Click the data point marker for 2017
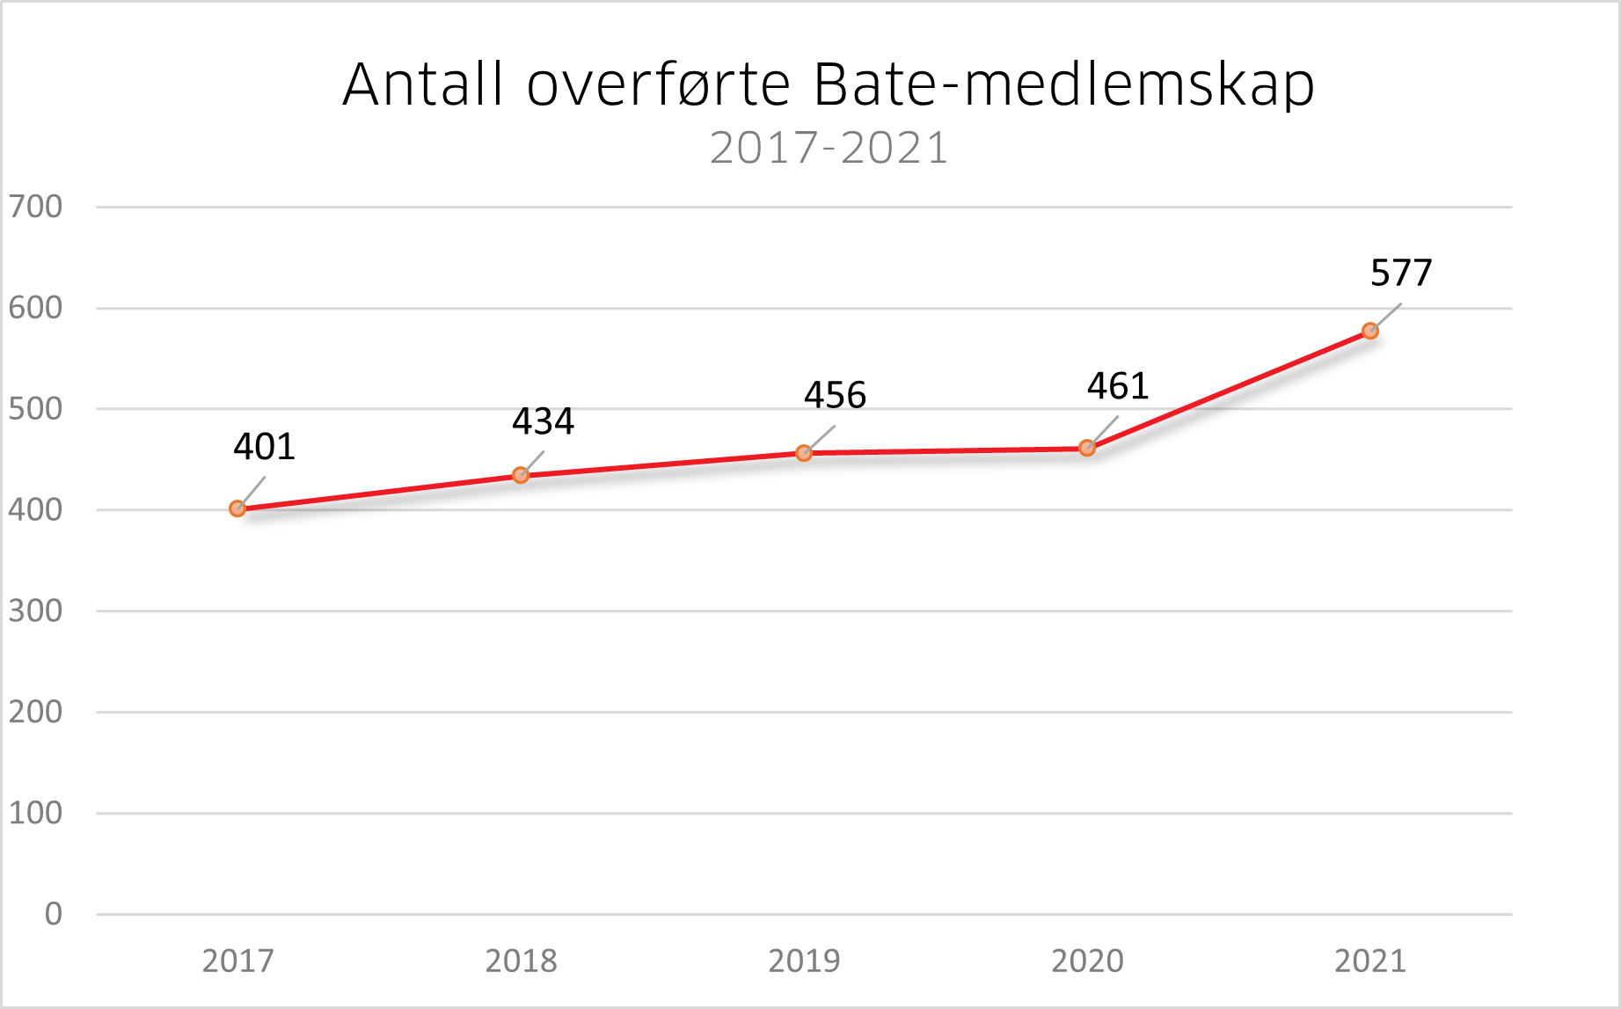pos(237,508)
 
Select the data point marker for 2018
pos(521,475)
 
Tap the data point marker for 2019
pos(804,453)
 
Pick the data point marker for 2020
pos(1087,448)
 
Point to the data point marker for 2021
pos(1370,331)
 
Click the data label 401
pos(264,447)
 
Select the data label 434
pos(543,421)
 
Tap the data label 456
pos(835,395)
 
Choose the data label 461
pos(1118,386)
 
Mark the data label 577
pos(1401,273)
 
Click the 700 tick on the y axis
pos(36,207)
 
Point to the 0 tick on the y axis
pos(54,914)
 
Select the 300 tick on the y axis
pos(36,611)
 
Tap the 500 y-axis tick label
pos(36,409)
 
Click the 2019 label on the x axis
pos(804,961)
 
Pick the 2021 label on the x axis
pos(1370,961)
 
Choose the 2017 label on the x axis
pos(237,961)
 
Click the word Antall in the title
pos(423,85)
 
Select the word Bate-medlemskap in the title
pos(1063,85)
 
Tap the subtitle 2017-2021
pos(829,148)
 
